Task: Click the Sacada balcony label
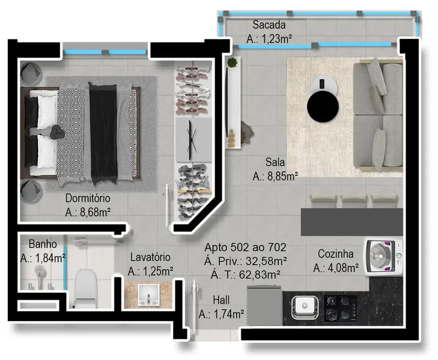click(269, 25)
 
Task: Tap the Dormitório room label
click(88, 198)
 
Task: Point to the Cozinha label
click(335, 254)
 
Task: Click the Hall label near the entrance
click(222, 300)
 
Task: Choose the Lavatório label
click(150, 258)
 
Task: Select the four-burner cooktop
click(340, 308)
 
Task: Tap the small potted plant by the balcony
click(232, 63)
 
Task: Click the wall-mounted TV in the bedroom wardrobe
click(193, 139)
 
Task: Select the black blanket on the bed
click(103, 133)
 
